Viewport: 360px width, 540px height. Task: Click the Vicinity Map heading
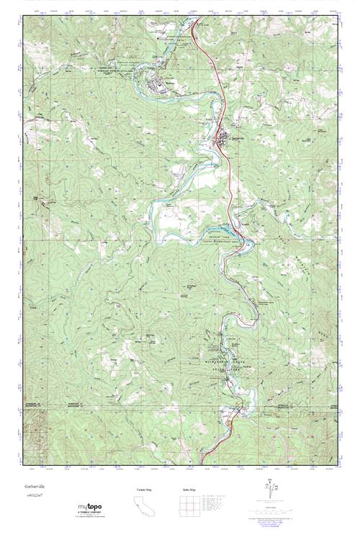coord(146,490)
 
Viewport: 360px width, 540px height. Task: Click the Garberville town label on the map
coord(240,136)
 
